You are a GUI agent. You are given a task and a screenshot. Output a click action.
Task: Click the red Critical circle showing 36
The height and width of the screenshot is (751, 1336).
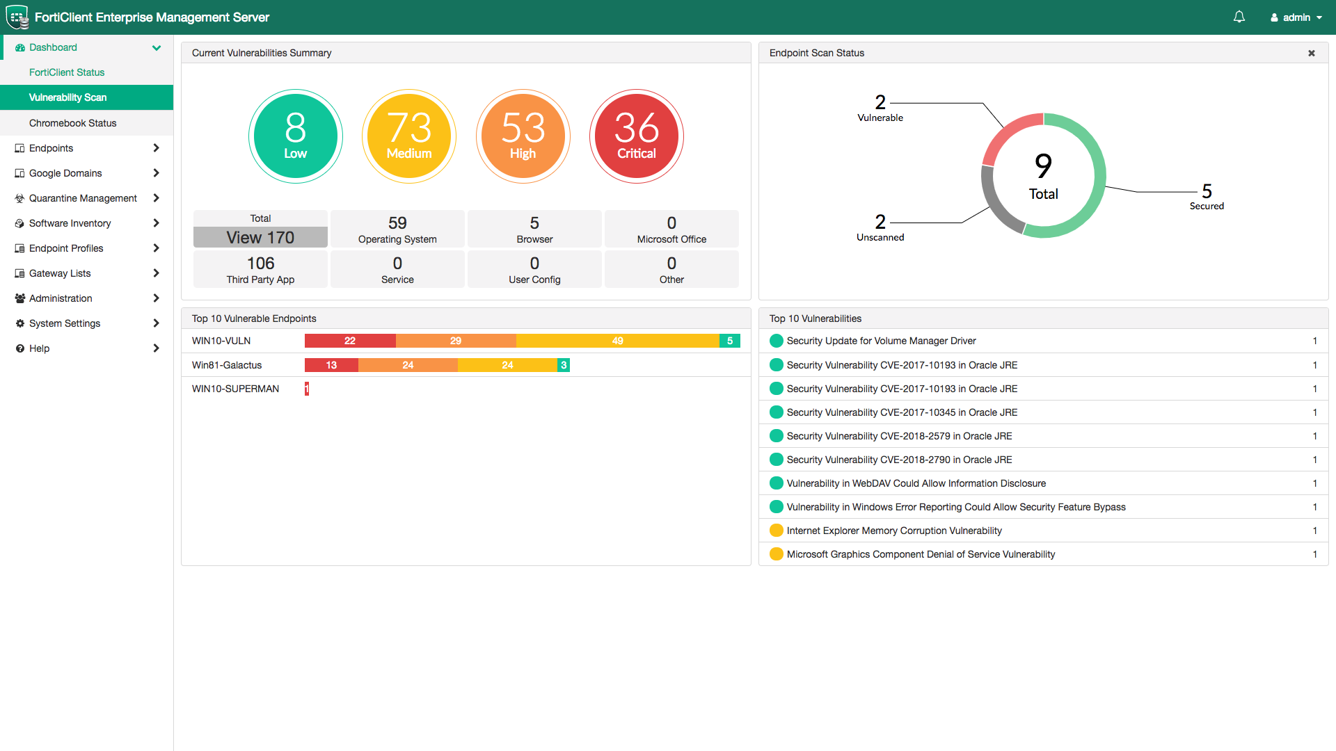(636, 136)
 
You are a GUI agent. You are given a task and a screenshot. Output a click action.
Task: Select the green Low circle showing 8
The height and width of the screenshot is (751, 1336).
(295, 136)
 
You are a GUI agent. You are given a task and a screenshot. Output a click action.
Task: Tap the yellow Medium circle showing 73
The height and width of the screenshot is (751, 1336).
(409, 136)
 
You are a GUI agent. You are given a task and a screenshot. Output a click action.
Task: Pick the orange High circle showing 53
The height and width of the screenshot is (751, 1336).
(523, 136)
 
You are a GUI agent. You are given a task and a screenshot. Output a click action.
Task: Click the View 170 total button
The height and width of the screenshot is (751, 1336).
(260, 237)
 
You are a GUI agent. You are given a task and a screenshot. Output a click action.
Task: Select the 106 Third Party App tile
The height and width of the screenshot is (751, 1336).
(260, 269)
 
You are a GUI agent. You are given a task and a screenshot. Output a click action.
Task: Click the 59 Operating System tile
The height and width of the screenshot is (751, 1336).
(397, 229)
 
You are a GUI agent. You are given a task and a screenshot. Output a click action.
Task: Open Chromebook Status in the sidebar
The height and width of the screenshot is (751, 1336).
(72, 123)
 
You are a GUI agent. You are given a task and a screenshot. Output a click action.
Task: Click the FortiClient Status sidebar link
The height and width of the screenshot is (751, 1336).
(67, 72)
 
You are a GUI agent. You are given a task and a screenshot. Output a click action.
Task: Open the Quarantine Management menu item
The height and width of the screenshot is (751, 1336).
(83, 198)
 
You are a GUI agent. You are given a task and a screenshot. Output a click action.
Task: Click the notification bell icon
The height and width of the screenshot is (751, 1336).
(1239, 17)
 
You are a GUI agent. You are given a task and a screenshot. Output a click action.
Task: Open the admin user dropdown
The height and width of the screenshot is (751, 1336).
(1296, 17)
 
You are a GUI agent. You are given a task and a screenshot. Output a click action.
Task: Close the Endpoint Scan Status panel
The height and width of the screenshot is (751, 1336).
(1312, 53)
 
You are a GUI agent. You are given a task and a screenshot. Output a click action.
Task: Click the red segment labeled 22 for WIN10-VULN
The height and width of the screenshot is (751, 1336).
(349, 341)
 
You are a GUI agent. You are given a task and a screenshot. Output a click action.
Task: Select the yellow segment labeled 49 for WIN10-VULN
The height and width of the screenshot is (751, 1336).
(617, 341)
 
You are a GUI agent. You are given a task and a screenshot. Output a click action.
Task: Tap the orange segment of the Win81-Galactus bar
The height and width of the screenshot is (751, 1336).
(408, 365)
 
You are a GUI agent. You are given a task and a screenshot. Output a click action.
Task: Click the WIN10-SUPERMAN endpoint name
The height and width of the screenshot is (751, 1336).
(235, 389)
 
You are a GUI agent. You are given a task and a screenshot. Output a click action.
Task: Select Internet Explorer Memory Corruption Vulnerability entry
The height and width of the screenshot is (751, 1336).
(894, 531)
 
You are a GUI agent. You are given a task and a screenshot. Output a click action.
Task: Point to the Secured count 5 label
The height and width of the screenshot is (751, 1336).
(1207, 191)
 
